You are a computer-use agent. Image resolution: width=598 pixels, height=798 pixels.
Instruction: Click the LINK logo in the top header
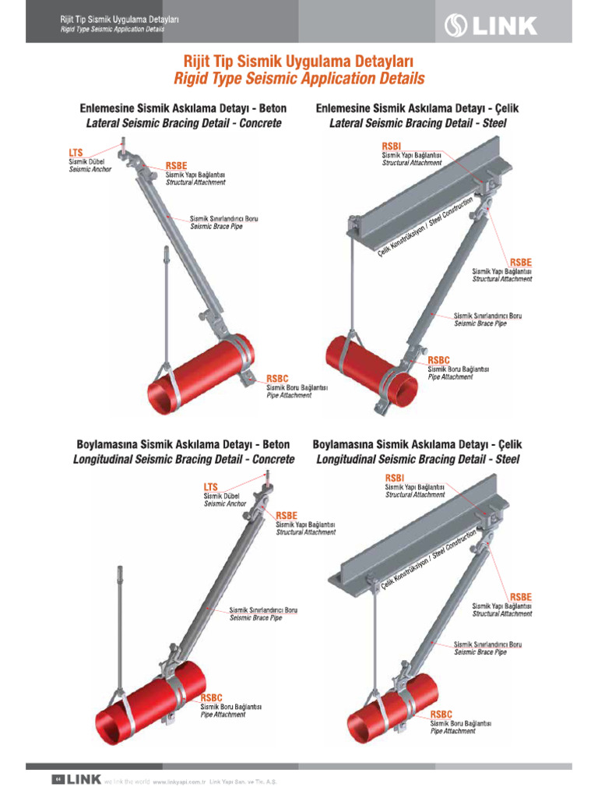click(x=490, y=26)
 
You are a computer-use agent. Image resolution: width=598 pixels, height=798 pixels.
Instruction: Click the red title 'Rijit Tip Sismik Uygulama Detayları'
click(x=298, y=61)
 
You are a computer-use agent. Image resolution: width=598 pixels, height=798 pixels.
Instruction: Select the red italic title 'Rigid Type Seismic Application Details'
click(x=299, y=79)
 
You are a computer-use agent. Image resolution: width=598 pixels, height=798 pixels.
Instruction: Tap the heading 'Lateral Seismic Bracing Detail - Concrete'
click(x=183, y=123)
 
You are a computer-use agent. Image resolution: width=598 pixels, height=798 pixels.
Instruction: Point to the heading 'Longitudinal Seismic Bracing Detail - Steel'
click(x=417, y=460)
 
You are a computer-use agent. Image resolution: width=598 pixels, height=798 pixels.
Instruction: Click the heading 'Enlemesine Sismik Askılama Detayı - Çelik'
click(x=417, y=108)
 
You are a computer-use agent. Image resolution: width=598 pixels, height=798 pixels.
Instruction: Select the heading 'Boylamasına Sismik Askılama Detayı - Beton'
click(x=183, y=444)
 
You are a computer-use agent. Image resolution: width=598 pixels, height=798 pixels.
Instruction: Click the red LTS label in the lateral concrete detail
click(x=76, y=154)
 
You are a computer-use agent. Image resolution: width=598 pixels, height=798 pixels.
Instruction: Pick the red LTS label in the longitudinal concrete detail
click(x=211, y=487)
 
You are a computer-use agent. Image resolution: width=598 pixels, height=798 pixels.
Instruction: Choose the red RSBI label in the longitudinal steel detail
click(x=395, y=478)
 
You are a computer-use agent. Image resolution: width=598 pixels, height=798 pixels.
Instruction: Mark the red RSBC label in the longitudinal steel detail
click(x=441, y=714)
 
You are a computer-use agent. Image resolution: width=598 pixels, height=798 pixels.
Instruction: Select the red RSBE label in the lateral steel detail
click(x=521, y=262)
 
